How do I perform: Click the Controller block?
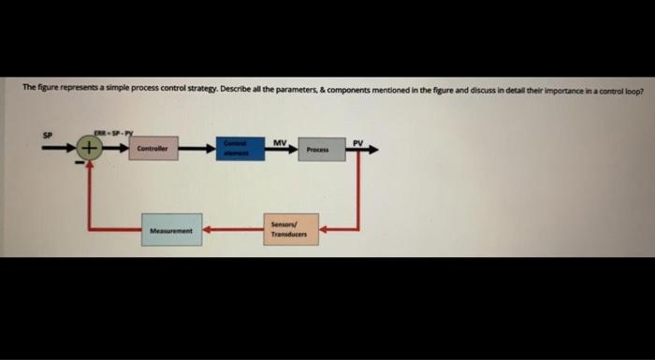coord(153,150)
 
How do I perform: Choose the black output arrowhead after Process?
coord(374,150)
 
